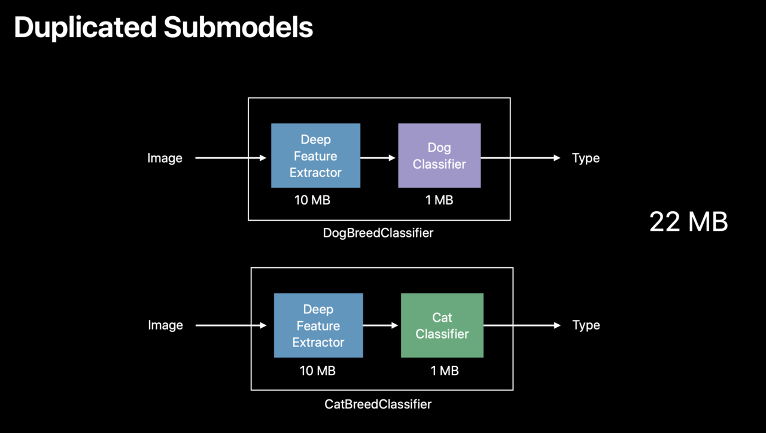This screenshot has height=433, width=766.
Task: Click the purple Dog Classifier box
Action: tap(439, 155)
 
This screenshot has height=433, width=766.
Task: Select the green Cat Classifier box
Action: tap(442, 325)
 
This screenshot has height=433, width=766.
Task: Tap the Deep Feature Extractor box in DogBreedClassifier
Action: tap(315, 155)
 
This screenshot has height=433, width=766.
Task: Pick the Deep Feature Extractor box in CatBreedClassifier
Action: tap(318, 325)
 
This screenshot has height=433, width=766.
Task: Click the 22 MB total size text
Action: tap(688, 222)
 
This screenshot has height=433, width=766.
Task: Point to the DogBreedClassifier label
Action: tap(378, 233)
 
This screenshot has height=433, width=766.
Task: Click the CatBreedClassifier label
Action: tap(378, 404)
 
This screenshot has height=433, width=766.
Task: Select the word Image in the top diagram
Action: tap(165, 158)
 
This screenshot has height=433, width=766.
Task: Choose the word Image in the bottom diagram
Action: tap(165, 325)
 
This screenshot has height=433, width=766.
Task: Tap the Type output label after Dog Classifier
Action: tap(585, 158)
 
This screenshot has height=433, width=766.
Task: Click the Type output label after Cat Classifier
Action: tap(585, 325)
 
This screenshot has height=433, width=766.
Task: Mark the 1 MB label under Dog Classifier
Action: tap(439, 200)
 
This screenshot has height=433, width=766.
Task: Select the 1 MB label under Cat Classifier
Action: tap(444, 371)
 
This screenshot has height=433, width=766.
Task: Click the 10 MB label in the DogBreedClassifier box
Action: tap(312, 200)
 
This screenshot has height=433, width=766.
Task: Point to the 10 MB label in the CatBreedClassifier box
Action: tap(317, 371)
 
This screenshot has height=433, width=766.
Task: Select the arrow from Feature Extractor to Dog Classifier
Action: tap(378, 158)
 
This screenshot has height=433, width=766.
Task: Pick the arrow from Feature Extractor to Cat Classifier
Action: tap(381, 325)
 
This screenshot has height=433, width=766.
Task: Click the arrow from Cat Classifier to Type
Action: tap(521, 325)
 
